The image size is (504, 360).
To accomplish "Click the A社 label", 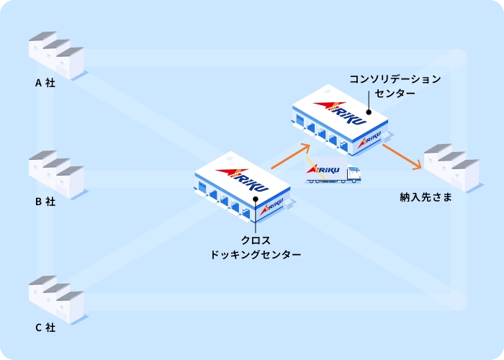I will click(45, 82).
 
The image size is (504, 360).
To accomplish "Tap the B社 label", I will click(45, 202).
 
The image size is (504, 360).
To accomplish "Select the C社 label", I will click(45, 328).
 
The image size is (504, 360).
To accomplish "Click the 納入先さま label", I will click(426, 197).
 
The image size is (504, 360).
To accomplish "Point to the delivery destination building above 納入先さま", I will click(451, 167).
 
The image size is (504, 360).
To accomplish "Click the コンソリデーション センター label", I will click(395, 86).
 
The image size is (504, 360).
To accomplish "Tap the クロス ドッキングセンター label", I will click(256, 247).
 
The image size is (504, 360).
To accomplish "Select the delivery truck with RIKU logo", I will click(333, 171).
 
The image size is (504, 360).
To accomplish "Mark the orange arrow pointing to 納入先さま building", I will click(401, 156).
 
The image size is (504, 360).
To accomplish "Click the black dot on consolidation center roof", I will click(368, 112).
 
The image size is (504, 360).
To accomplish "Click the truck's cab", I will click(354, 174).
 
